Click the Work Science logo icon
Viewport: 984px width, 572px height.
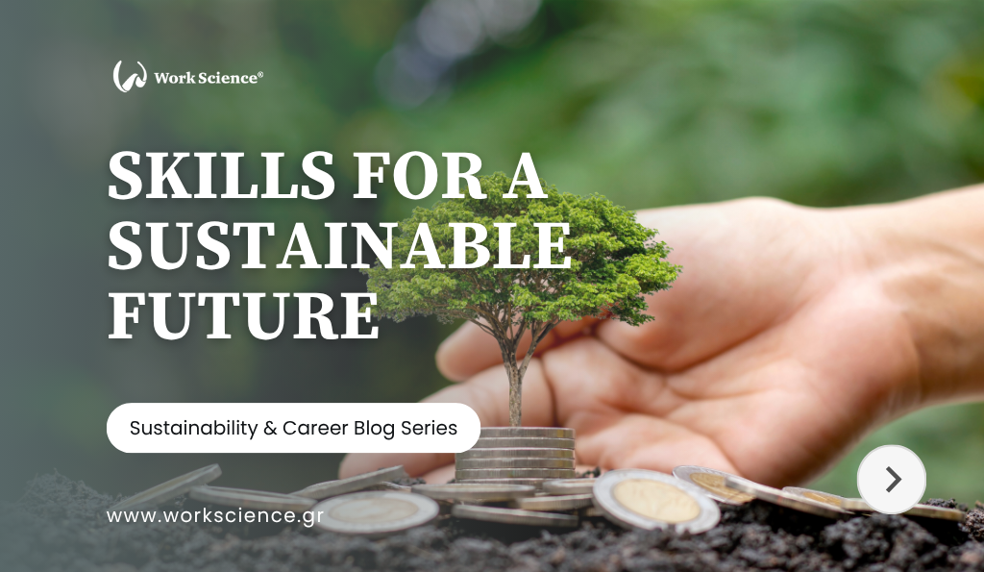click(130, 77)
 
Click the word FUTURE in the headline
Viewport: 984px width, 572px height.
click(243, 313)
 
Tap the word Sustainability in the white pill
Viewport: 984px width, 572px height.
click(193, 428)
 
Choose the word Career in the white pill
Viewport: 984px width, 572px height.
click(312, 428)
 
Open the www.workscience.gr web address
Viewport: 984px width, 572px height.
click(214, 516)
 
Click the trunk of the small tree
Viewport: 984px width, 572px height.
click(515, 385)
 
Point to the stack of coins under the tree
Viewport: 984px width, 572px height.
click(515, 453)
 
